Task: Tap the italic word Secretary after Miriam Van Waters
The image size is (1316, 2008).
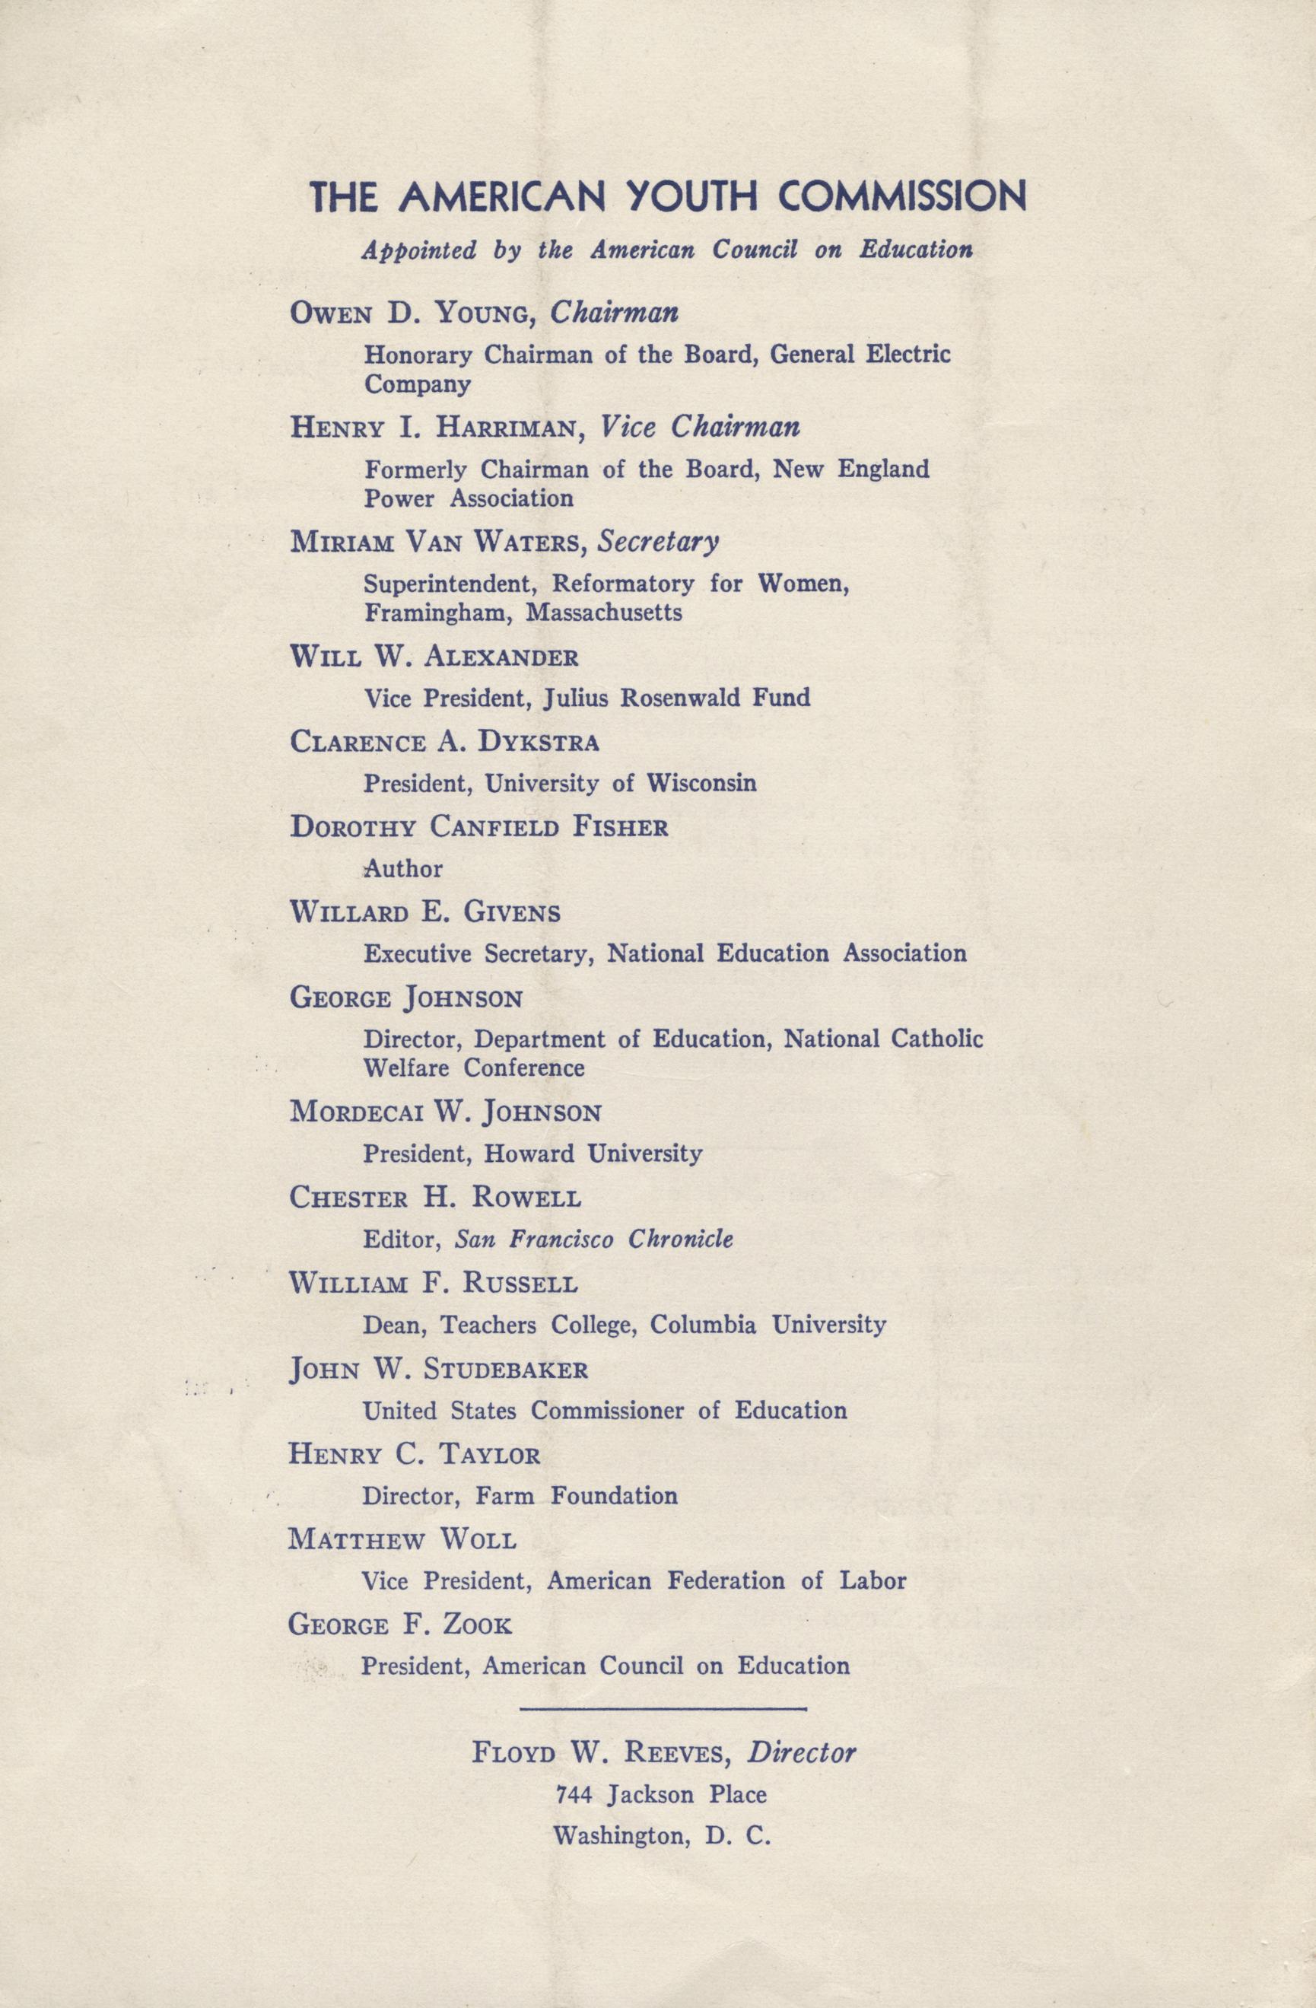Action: click(x=658, y=542)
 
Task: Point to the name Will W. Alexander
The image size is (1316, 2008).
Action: click(x=434, y=657)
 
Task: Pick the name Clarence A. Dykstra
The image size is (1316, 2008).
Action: click(x=443, y=743)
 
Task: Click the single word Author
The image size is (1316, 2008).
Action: click(x=402, y=868)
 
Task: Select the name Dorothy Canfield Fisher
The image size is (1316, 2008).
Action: click(x=478, y=827)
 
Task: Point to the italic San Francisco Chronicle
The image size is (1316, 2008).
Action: click(x=594, y=1239)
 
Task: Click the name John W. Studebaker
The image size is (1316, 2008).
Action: click(x=438, y=1369)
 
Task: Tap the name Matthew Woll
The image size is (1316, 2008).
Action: click(x=402, y=1540)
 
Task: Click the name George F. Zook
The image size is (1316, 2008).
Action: click(x=400, y=1625)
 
